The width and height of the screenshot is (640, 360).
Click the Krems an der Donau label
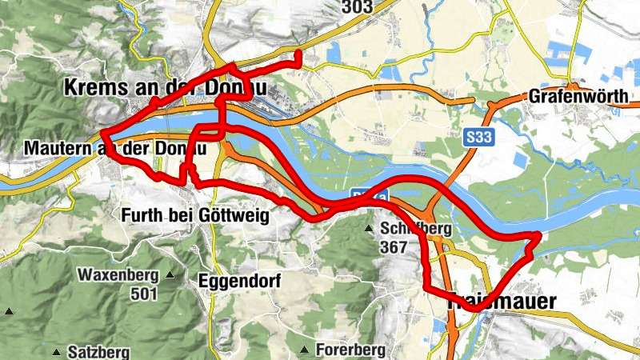(x=164, y=87)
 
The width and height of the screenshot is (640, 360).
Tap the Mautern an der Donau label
(x=115, y=149)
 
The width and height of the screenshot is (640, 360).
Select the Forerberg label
(x=350, y=350)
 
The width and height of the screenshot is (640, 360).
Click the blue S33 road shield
(x=479, y=138)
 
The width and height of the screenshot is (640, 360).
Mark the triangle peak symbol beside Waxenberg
(x=170, y=276)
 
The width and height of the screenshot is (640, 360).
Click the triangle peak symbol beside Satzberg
(x=57, y=351)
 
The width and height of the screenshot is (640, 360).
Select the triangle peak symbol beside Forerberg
(x=305, y=350)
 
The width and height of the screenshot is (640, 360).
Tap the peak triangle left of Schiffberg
(x=369, y=230)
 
